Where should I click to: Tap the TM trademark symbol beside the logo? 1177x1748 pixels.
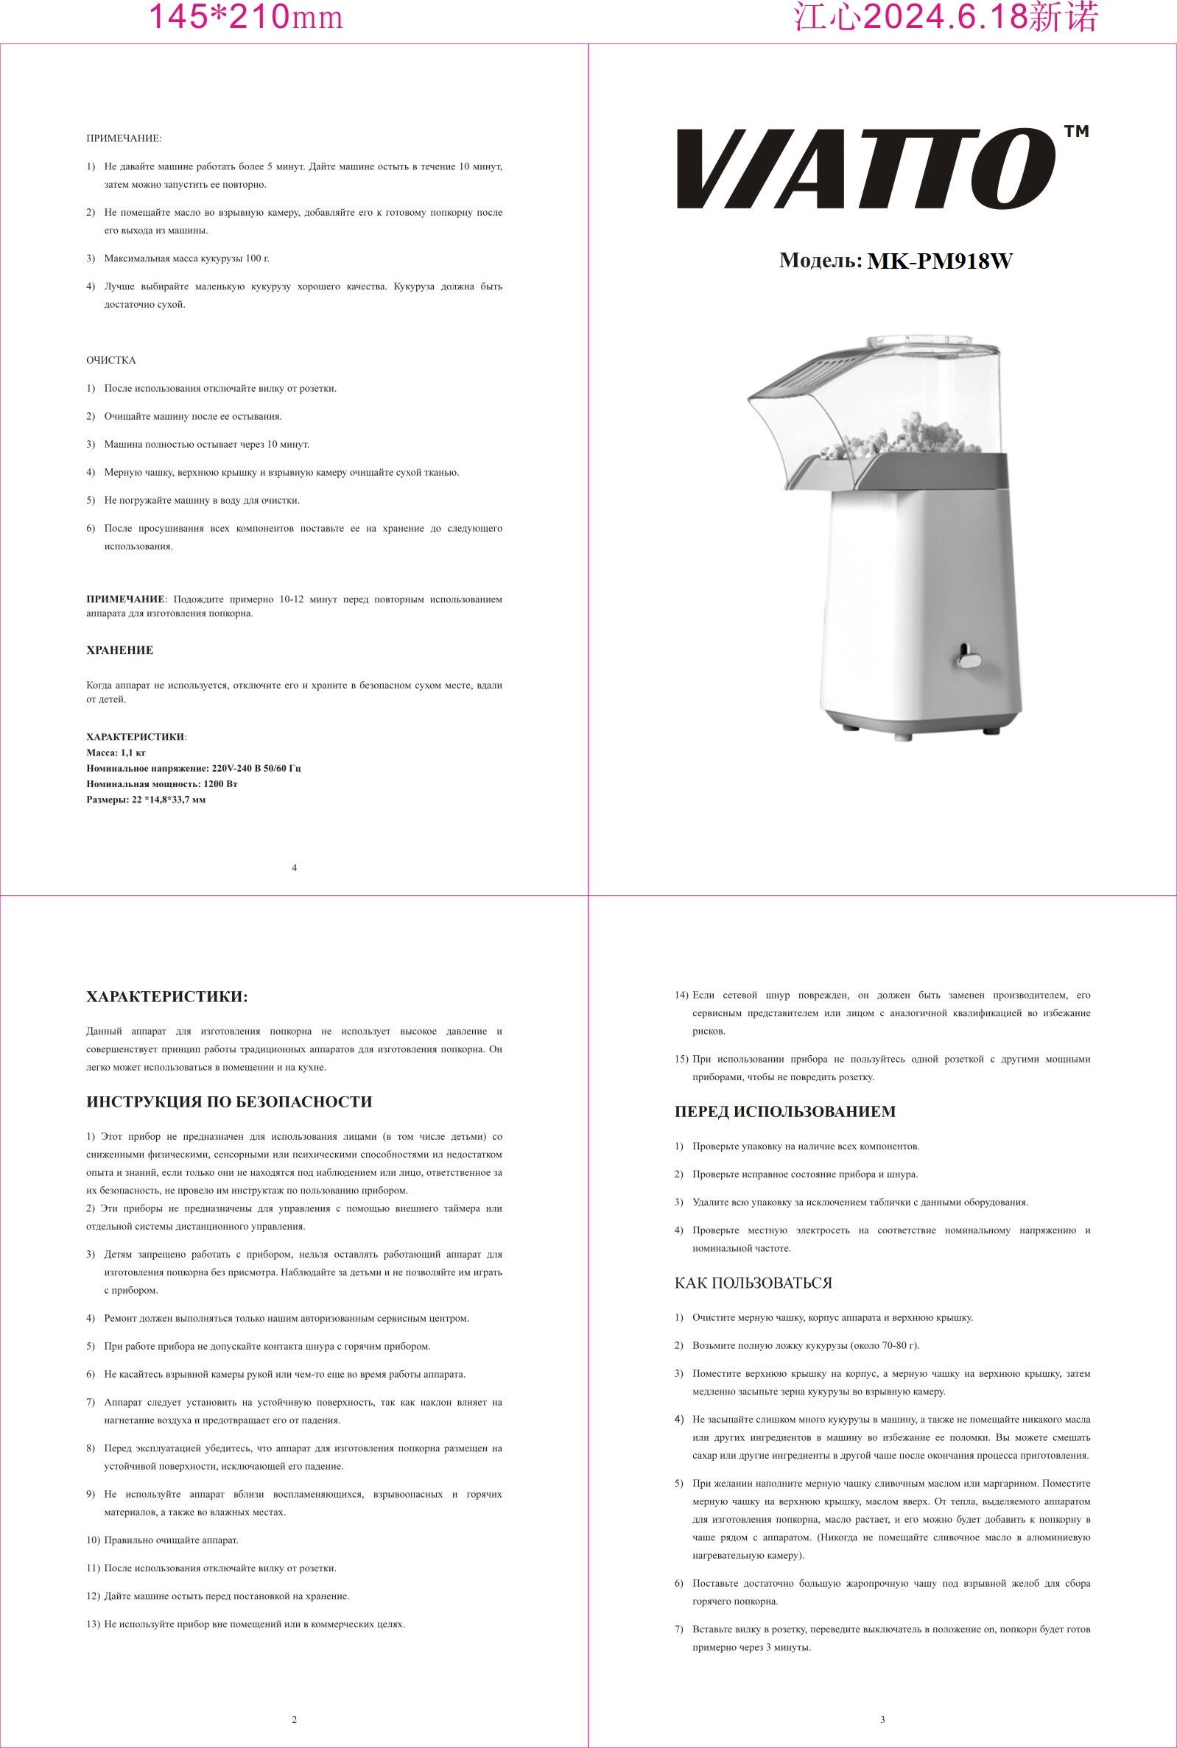[x=1076, y=132]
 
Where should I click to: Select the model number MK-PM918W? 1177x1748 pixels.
[x=940, y=261]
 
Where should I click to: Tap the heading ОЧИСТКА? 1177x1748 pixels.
[x=111, y=361]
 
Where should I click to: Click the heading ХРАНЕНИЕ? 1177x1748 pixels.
[x=120, y=650]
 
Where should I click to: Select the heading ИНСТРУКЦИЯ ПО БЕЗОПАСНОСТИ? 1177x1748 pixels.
[x=229, y=1102]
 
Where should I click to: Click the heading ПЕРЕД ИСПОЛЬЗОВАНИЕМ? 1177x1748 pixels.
[x=785, y=1112]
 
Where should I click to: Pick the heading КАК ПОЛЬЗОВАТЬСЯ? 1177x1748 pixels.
[x=753, y=1283]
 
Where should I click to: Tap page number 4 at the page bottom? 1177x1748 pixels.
[x=295, y=868]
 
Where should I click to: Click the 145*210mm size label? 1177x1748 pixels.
[x=245, y=17]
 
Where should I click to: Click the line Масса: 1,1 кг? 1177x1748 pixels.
[x=116, y=753]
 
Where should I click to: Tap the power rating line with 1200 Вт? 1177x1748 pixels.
[x=162, y=784]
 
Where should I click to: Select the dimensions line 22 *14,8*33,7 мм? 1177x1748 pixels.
[x=147, y=800]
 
